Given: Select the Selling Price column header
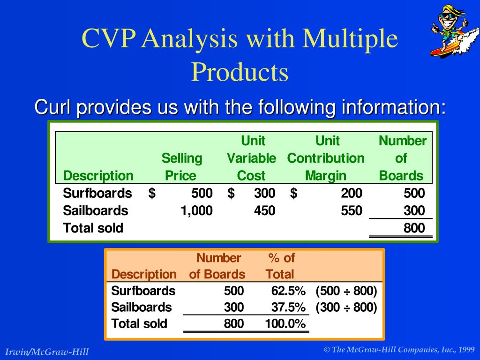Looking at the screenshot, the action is [x=181, y=167].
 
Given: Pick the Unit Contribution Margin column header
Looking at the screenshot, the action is [x=326, y=158].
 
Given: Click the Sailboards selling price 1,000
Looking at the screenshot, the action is [x=196, y=210].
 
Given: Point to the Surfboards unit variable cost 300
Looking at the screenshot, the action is [x=264, y=193].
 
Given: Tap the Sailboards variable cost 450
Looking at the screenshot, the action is [x=264, y=210].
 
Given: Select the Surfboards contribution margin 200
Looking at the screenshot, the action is [x=352, y=193].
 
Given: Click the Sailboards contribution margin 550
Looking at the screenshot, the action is [x=352, y=210].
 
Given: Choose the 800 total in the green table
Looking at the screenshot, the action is [x=414, y=228].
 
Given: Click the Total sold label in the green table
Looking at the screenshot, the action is [x=93, y=228].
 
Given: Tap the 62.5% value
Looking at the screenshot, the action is [x=288, y=291].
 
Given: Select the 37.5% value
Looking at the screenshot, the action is [x=288, y=307].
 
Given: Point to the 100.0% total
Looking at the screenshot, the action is [x=285, y=323].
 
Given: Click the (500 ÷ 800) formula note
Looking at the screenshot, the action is [x=346, y=291].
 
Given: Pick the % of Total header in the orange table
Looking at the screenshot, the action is [x=280, y=266].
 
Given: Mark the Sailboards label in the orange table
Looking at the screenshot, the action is [x=142, y=307].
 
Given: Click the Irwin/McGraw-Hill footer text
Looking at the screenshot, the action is [x=47, y=352].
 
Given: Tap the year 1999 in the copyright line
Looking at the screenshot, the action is [x=466, y=350].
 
